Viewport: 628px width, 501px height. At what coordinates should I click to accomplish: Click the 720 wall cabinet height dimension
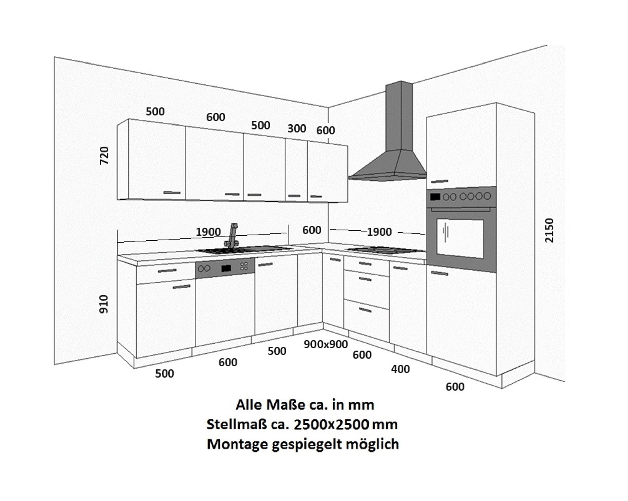pos(104,155)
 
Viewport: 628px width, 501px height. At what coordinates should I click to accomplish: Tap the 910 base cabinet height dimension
pos(104,304)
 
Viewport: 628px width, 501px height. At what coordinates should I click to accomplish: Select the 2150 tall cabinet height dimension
pos(549,230)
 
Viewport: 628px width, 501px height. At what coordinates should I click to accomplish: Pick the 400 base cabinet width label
pos(400,369)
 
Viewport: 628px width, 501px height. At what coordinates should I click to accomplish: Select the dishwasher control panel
pos(225,267)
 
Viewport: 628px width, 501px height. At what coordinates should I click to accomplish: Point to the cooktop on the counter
pos(383,250)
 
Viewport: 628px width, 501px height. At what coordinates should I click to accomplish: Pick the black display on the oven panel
pos(435,197)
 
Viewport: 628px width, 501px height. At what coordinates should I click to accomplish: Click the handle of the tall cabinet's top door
pos(440,182)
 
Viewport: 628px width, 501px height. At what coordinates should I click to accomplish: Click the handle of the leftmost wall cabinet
pos(172,193)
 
